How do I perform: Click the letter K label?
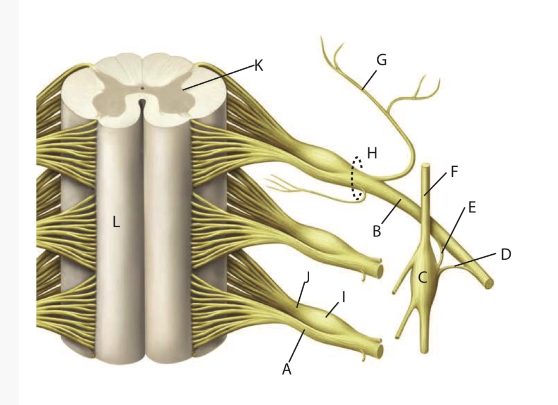[258, 65]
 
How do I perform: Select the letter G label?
[381, 60]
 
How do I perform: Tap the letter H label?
[372, 153]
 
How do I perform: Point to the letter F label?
[454, 171]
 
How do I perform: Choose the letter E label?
[472, 207]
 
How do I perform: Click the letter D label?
[505, 254]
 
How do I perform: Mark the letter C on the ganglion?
[422, 277]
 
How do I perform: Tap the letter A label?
[286, 369]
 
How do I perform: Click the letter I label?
[343, 297]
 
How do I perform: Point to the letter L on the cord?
[116, 223]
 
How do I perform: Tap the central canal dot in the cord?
[142, 88]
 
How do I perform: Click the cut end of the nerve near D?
[488, 283]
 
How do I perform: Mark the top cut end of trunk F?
[426, 167]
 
